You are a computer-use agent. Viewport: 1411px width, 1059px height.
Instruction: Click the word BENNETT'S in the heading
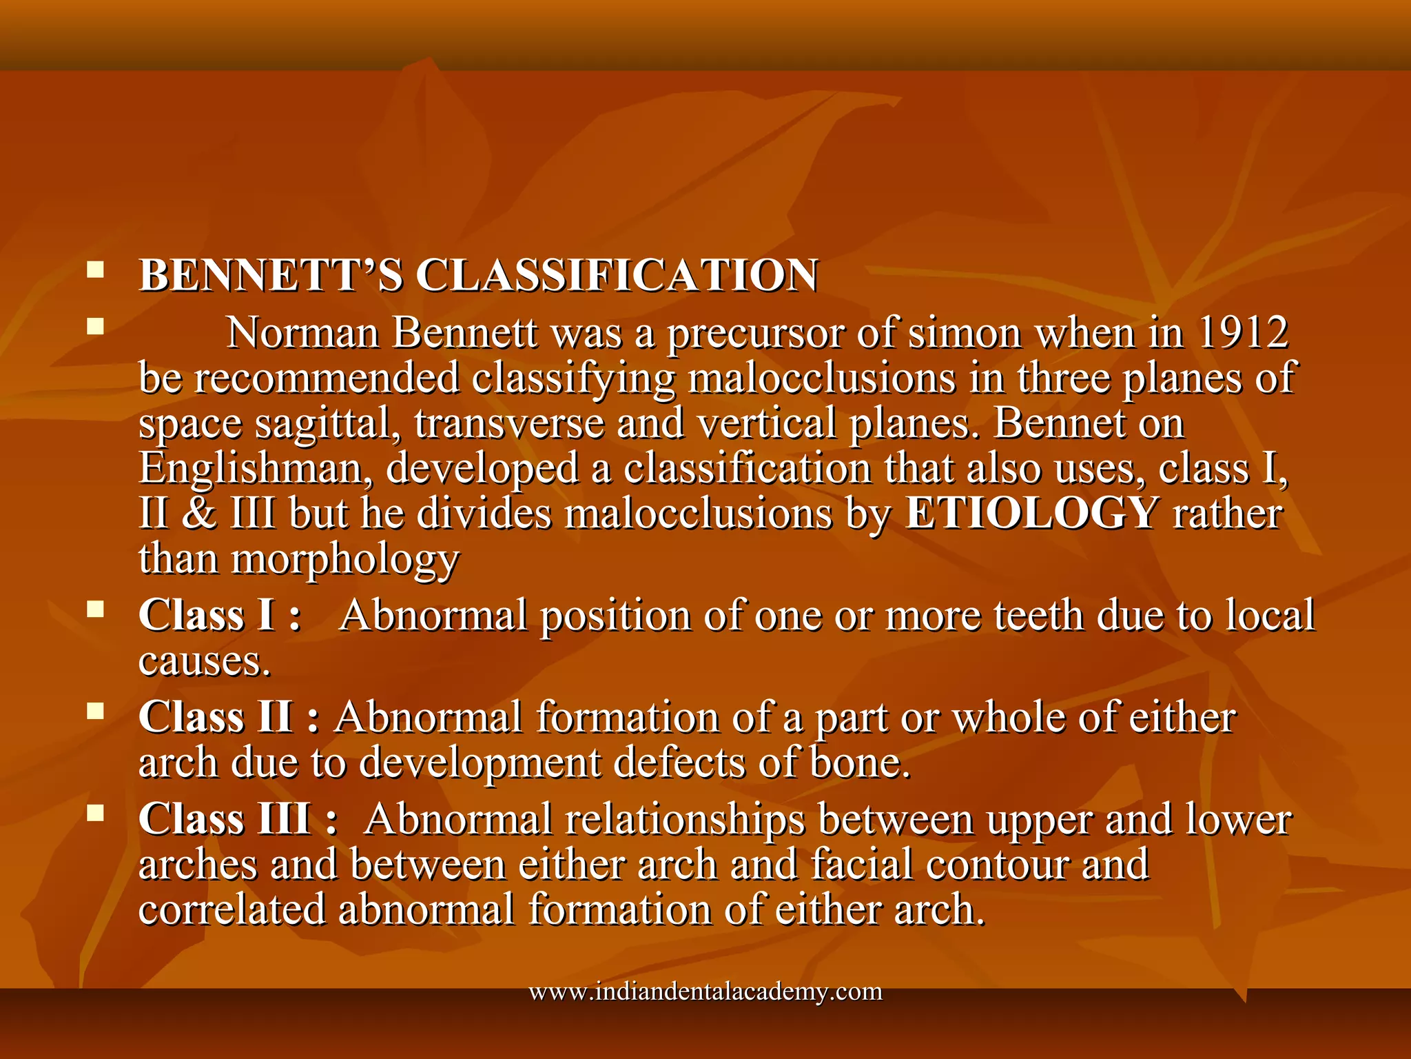coord(270,276)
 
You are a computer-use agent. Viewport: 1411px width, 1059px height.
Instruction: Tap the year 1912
coord(1243,333)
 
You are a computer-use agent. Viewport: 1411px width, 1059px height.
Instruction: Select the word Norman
coord(303,333)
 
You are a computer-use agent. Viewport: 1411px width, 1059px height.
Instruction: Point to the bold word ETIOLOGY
coord(1031,514)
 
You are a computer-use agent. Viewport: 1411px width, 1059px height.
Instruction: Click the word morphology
coord(344,560)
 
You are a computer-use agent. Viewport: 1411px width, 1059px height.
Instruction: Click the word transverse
coord(509,424)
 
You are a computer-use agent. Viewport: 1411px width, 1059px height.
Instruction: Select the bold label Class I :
coord(220,615)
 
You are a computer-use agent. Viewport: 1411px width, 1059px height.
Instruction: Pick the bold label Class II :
coord(229,717)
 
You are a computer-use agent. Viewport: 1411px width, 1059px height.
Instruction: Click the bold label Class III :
coord(238,820)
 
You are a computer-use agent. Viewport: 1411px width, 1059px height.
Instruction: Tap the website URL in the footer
coord(705,992)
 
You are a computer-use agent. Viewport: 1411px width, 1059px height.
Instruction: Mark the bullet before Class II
coord(95,711)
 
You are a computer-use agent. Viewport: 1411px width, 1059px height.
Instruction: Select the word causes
coord(204,662)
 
